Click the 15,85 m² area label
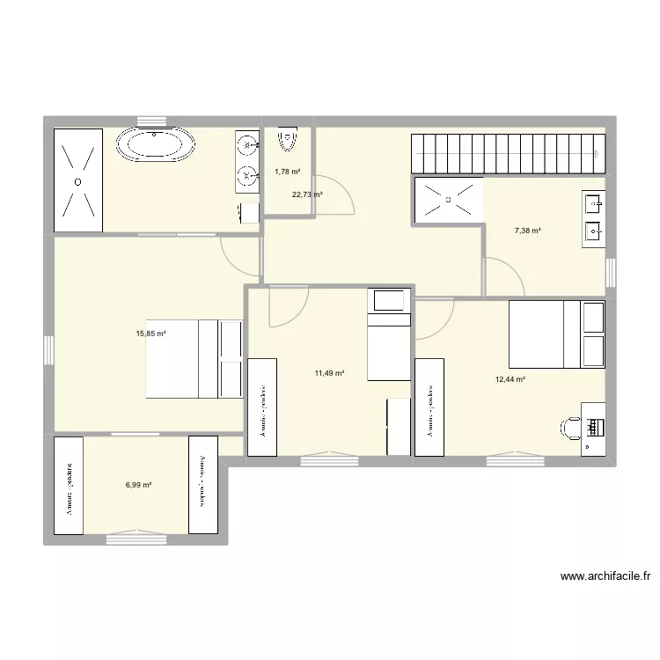click(151, 334)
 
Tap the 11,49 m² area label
click(329, 373)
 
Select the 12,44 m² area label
click(510, 379)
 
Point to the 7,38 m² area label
click(527, 231)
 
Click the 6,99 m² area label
click(138, 485)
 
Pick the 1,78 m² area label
click(287, 172)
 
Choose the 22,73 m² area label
click(307, 194)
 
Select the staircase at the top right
click(509, 153)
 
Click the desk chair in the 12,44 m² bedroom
click(570, 428)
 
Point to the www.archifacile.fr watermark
click(605, 577)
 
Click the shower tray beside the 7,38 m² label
click(448, 200)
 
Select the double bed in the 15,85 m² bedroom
click(194, 358)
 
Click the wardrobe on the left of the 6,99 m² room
click(69, 486)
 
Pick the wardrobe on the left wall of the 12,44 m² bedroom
click(429, 407)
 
